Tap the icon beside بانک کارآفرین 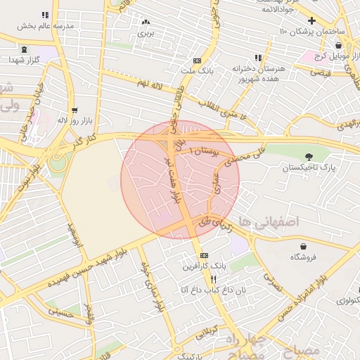(x=204, y=255)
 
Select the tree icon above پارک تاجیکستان (x=309, y=156)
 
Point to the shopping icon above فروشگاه (x=303, y=246)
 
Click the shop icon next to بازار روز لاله (x=74, y=110)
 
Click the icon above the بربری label (x=146, y=22)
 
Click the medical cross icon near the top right (x=311, y=20)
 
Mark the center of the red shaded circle (x=180, y=179)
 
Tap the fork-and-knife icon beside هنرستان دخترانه (x=258, y=58)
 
